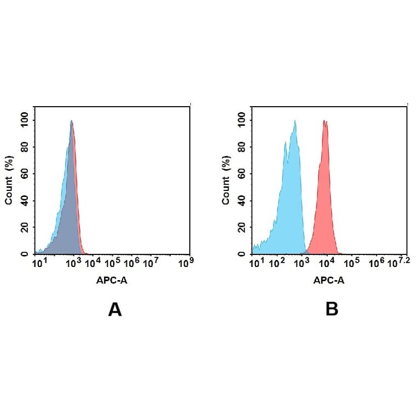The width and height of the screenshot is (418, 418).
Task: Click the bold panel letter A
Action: click(x=114, y=310)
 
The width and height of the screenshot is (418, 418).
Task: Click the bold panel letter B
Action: click(x=332, y=310)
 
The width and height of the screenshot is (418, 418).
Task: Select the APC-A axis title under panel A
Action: click(x=113, y=281)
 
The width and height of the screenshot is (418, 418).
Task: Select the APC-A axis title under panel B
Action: click(x=329, y=281)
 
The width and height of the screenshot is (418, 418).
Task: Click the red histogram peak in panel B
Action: click(x=325, y=122)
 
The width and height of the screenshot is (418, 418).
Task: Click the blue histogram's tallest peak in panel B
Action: click(x=295, y=122)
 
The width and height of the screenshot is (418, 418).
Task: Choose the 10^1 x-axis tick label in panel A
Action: click(x=38, y=263)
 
